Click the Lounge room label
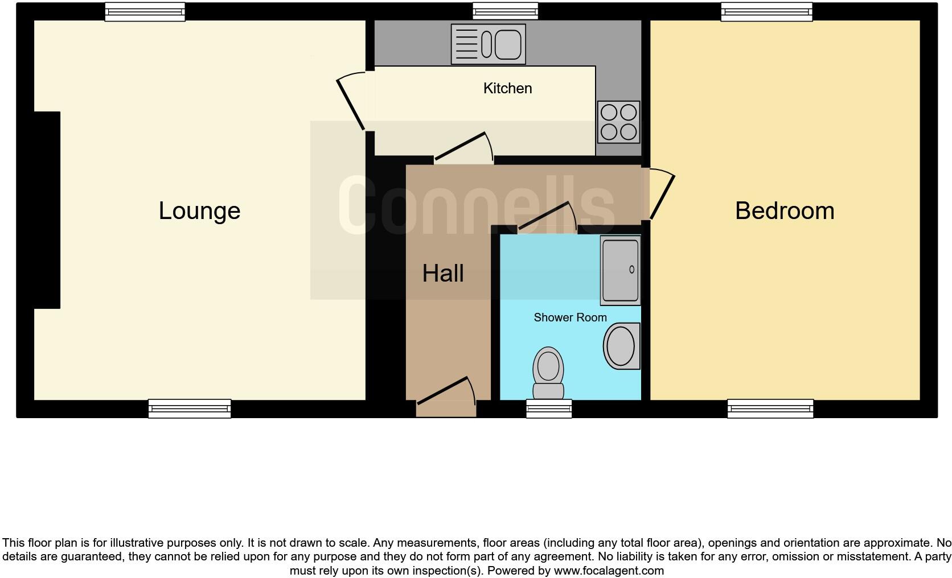coord(199,211)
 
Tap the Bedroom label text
coord(784,211)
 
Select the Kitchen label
coord(507,88)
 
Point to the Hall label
coord(443,274)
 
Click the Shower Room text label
coord(570,317)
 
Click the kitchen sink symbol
coord(488,44)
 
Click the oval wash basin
coord(621,346)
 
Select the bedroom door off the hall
coord(662,193)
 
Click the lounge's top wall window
coord(145,12)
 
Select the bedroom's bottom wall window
coord(770,408)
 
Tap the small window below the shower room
coord(548,408)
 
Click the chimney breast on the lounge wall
coord(47,210)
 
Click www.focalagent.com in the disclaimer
coord(608,571)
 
